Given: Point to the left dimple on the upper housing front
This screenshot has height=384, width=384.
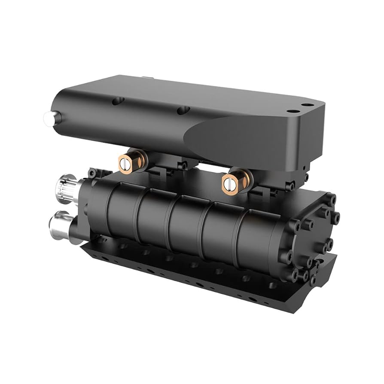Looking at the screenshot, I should click(116, 101).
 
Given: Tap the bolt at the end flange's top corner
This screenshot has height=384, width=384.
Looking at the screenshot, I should click(331, 198).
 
